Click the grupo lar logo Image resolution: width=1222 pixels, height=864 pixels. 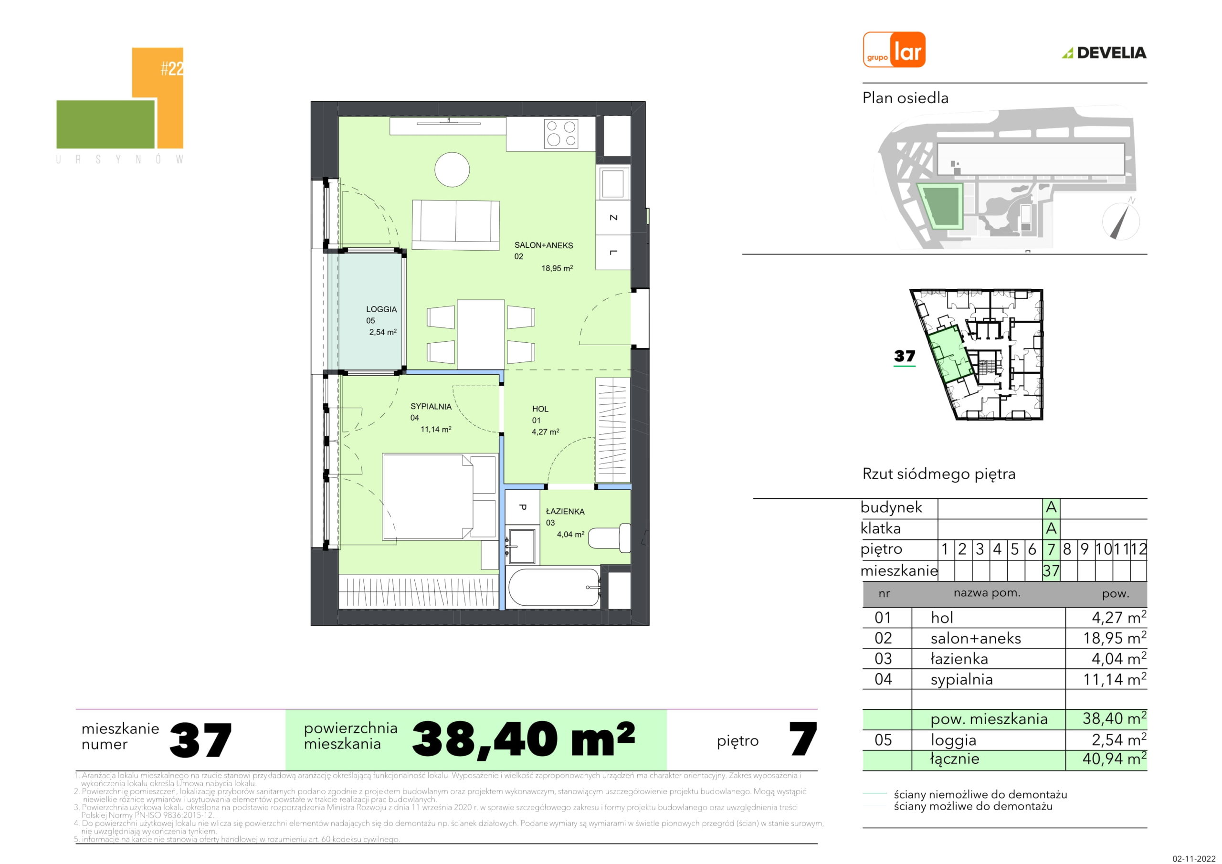894,50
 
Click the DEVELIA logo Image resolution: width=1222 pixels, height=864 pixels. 1105,53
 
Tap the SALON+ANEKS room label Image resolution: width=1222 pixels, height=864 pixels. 543,245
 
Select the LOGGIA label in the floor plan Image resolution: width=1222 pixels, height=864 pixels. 381,309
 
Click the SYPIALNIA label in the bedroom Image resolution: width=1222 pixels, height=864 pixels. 431,407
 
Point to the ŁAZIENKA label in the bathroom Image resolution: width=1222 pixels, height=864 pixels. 565,512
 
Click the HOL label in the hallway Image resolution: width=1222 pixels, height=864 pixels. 540,409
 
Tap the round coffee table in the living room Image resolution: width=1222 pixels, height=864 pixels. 452,170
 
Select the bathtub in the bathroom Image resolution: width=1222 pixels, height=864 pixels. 554,587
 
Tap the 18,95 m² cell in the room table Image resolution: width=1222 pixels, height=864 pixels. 1115,637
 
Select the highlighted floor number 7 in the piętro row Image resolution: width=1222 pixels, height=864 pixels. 1051,549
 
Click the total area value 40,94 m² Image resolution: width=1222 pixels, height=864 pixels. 1115,758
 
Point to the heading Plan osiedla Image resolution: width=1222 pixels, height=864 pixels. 906,98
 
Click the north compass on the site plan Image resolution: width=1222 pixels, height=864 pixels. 1121,220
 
